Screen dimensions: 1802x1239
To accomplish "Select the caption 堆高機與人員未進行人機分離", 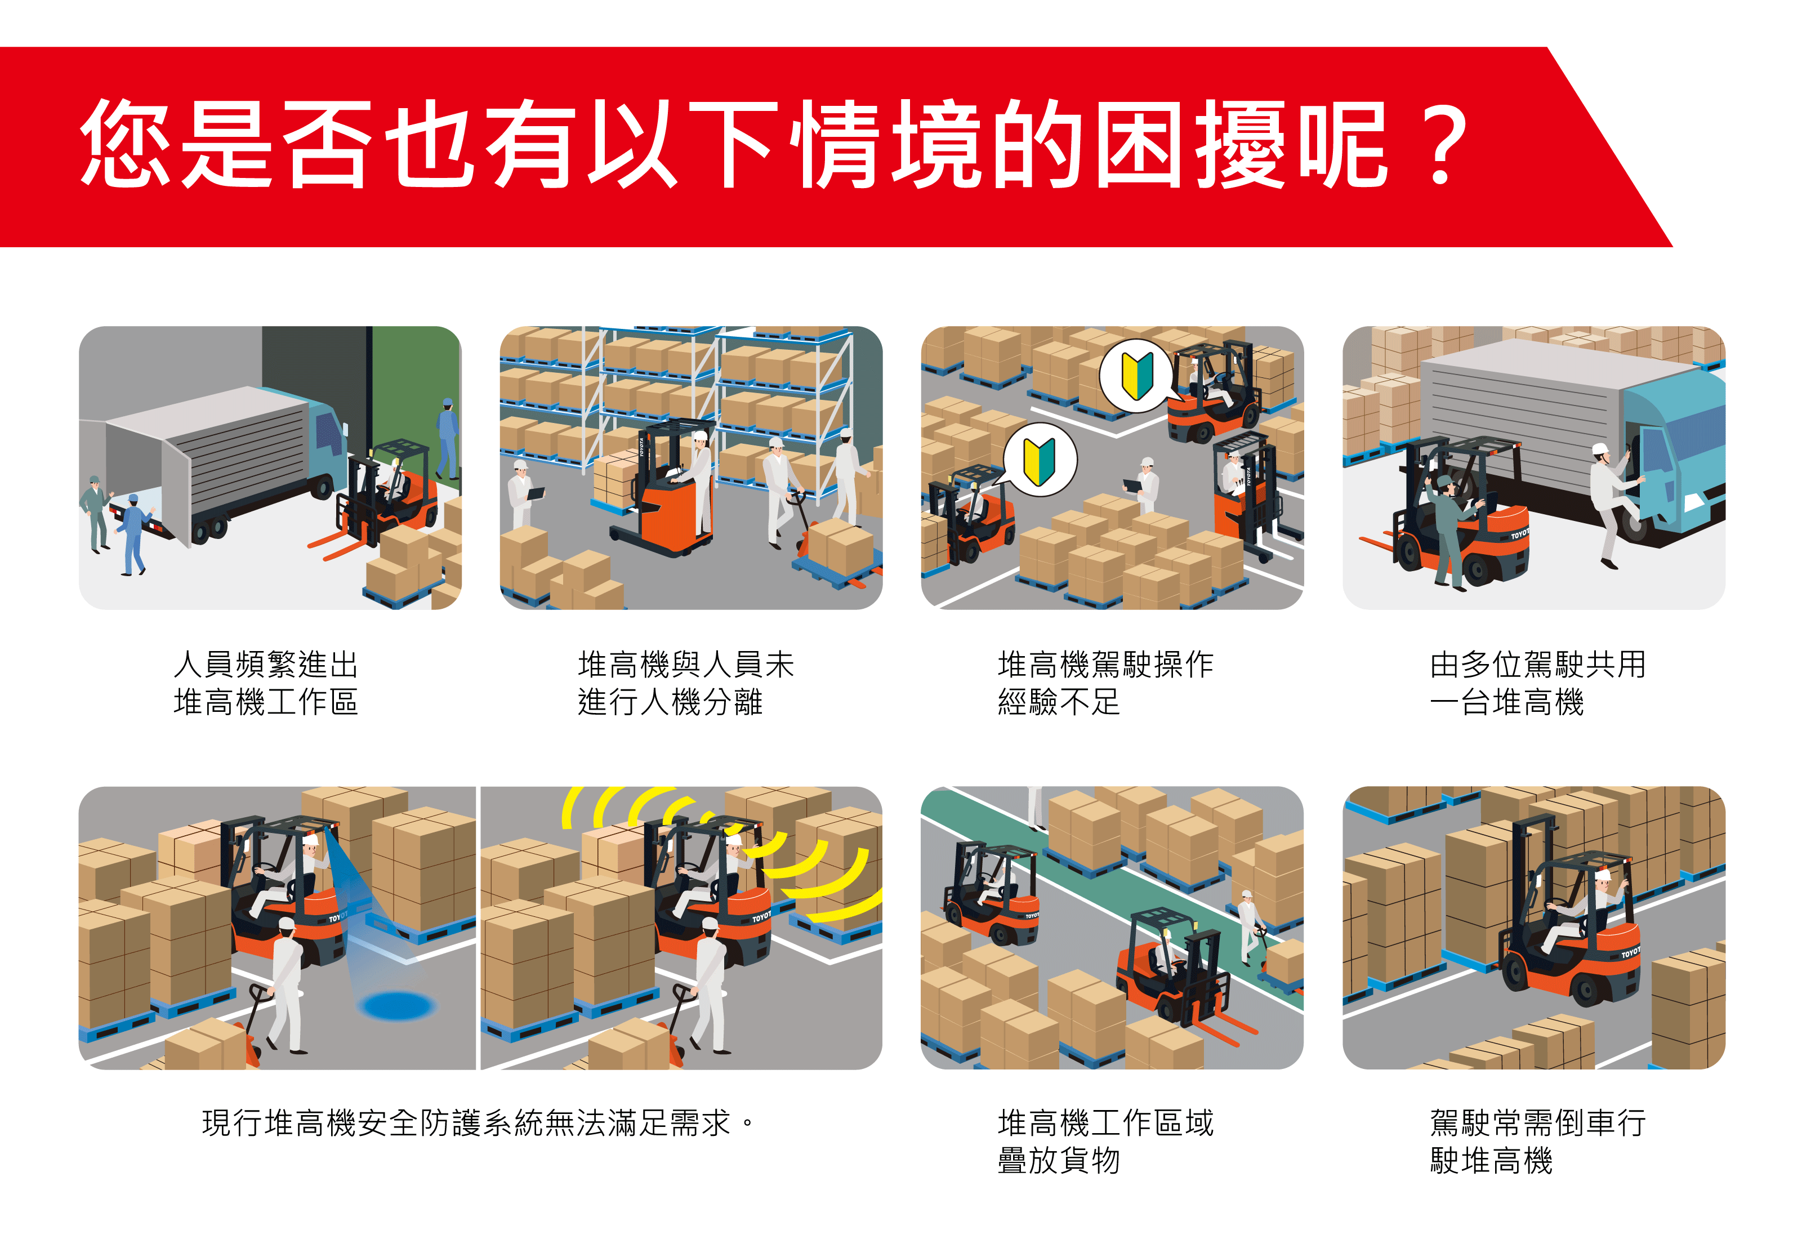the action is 686,683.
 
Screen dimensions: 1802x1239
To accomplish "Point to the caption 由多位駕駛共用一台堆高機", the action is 1537,683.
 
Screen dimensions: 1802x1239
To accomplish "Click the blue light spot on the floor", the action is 396,1005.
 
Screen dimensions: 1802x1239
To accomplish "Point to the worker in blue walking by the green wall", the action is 447,439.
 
